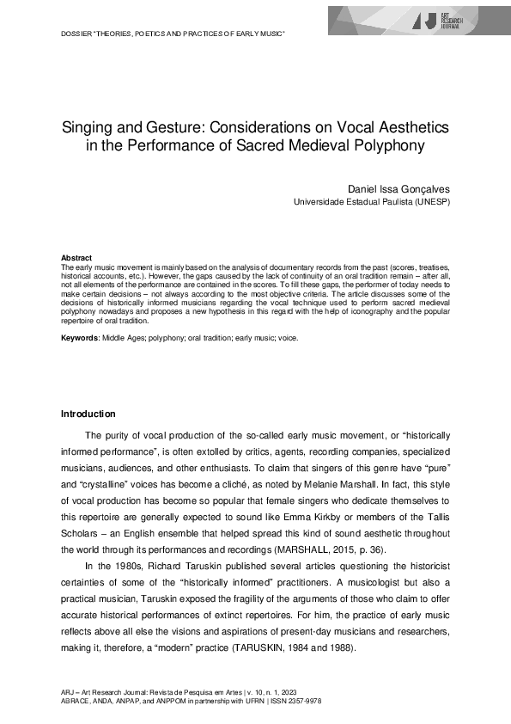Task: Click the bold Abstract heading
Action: (x=76, y=258)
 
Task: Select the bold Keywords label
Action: (x=80, y=338)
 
